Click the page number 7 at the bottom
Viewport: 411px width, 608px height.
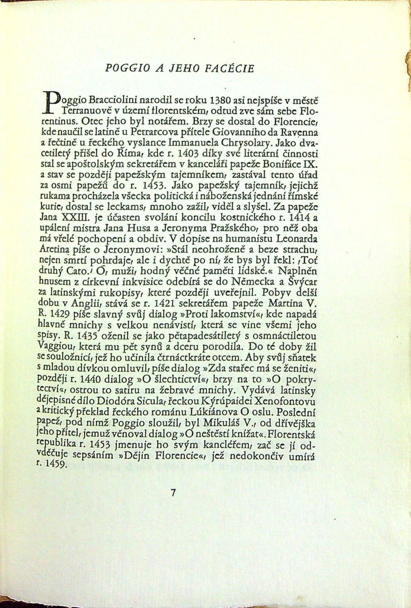tap(174, 493)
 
